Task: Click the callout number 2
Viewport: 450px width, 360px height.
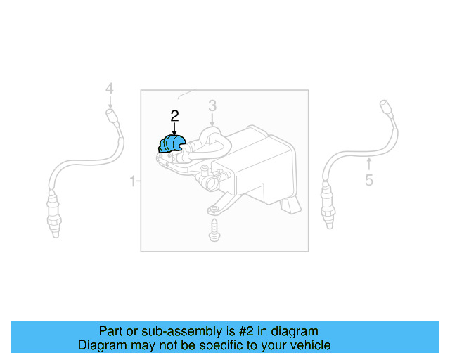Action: pos(174,115)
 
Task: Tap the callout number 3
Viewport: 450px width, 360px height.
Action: pos(212,106)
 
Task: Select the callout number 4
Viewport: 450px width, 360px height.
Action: pos(109,89)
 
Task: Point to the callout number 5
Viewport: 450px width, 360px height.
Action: pos(369,181)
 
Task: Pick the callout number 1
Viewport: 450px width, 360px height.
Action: pos(132,182)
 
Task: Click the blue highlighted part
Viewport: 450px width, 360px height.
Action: pos(172,144)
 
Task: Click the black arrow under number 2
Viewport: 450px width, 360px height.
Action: pos(174,129)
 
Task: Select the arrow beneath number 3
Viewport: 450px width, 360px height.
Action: pos(212,120)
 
